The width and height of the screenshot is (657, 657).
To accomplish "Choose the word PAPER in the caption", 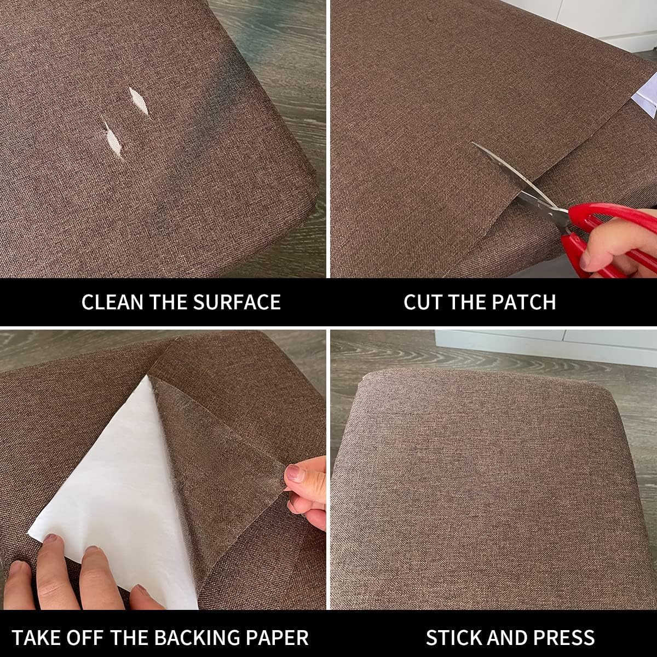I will click(279, 637).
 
